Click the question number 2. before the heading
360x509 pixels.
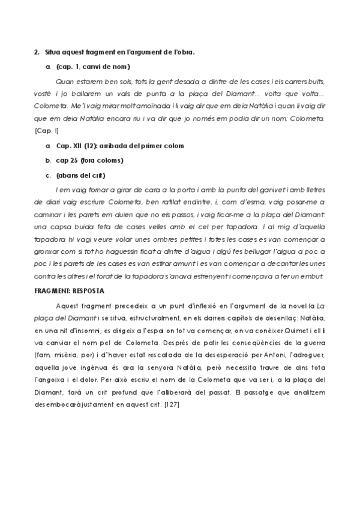[x=37, y=52]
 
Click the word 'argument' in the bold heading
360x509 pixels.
[x=146, y=52]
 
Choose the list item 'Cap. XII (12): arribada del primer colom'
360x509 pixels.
[x=120, y=146]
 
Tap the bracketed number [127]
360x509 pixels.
[x=172, y=405]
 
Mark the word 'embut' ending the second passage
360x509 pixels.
[x=312, y=276]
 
